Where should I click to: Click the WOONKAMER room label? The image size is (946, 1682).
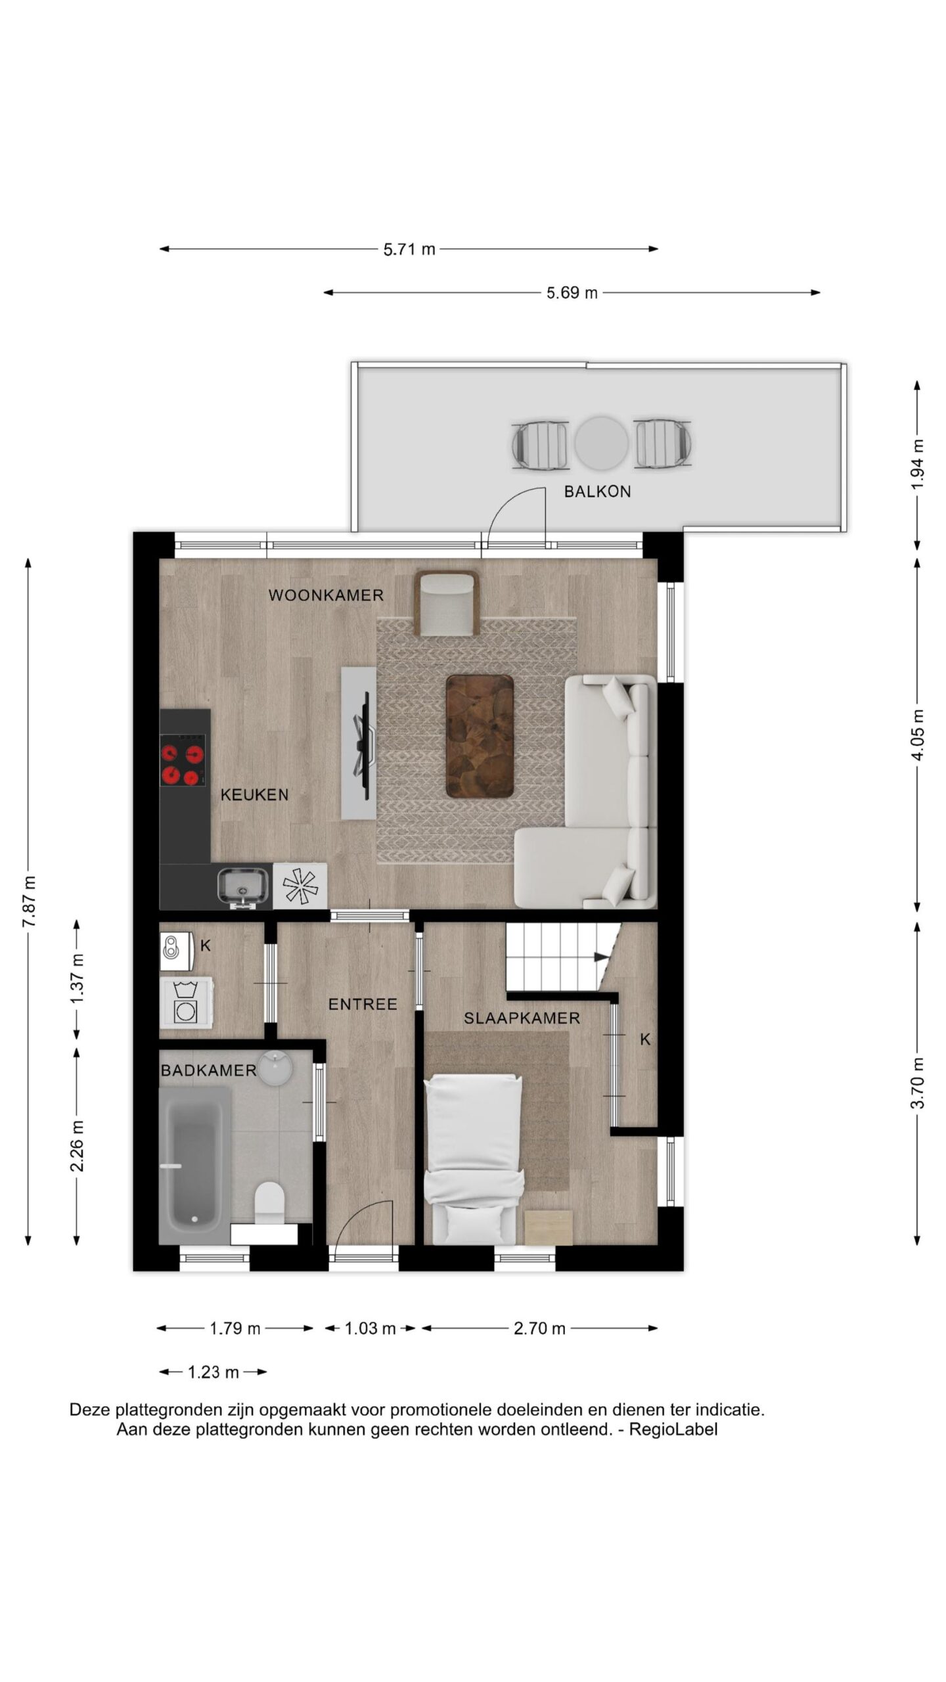[x=326, y=595]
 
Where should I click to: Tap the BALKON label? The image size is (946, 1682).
[x=597, y=491]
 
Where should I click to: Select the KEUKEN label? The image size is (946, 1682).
[x=254, y=795]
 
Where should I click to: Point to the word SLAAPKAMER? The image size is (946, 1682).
[x=522, y=1019]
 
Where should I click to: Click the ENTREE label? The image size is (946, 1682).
[x=363, y=1005]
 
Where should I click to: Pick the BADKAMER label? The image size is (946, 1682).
[x=208, y=1071]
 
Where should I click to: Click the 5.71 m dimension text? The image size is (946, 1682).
[x=409, y=250]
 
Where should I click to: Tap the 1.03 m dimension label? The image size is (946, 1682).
[x=370, y=1329]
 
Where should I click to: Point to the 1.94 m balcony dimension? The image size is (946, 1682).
[x=918, y=464]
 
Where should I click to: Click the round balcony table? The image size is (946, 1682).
[x=601, y=443]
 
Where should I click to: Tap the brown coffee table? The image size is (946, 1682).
[x=480, y=736]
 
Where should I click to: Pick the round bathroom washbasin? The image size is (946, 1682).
[x=276, y=1068]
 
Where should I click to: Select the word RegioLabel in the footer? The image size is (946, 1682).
[x=673, y=1430]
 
